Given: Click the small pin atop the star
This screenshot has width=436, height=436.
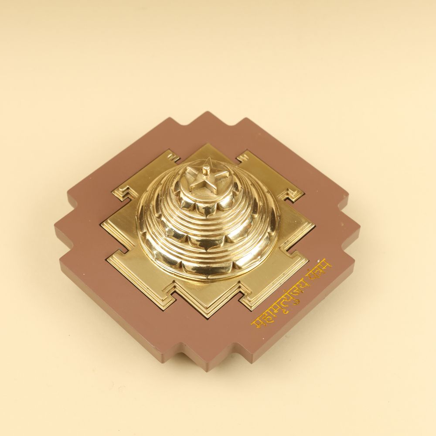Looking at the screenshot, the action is [206, 170].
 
